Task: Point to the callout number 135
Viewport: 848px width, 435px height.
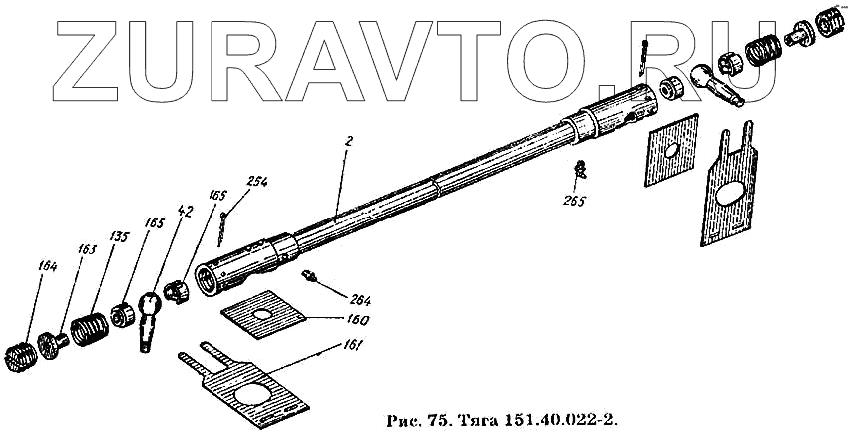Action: (120, 236)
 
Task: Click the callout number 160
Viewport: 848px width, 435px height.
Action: (358, 321)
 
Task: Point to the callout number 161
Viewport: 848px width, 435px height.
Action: (351, 345)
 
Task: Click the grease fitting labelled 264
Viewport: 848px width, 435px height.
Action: (310, 275)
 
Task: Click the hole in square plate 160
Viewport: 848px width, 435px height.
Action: (262, 314)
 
